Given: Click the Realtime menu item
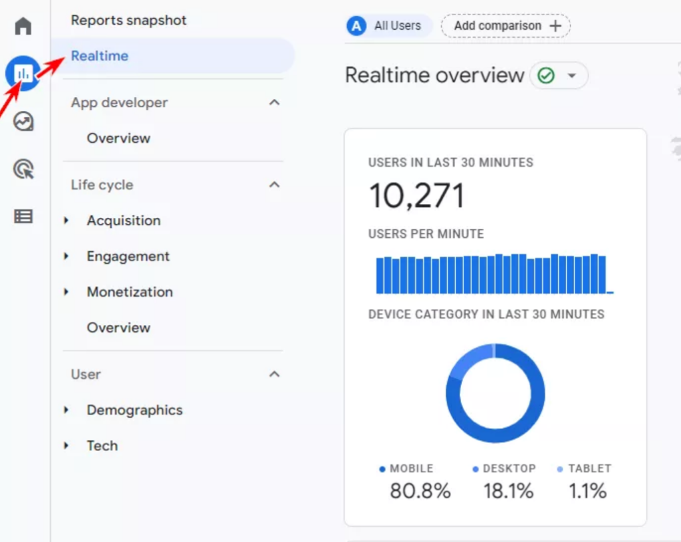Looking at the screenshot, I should point(100,56).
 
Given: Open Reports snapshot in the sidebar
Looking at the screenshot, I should point(128,20).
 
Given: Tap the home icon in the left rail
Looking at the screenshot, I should point(23,27).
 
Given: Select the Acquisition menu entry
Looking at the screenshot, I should point(123,221).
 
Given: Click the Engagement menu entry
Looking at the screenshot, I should point(128,257).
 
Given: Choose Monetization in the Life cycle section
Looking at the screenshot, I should point(130,292).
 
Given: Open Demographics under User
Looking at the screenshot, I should point(134,410).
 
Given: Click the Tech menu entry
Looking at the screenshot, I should point(102,446).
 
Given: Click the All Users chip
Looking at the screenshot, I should point(389,26).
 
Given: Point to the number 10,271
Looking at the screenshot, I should point(416,196).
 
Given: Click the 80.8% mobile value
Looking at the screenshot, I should point(420,491).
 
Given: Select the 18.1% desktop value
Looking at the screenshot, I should point(508,491).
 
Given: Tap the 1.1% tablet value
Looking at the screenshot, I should point(587,491).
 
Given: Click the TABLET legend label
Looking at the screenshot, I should point(589,468).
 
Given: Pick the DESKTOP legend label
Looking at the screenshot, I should point(509,468).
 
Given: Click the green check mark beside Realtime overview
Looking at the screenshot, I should point(546,76).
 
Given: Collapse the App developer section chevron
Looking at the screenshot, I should point(274,102).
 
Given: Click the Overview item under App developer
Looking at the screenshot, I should point(118,138).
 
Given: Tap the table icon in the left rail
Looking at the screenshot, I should point(23,216).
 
